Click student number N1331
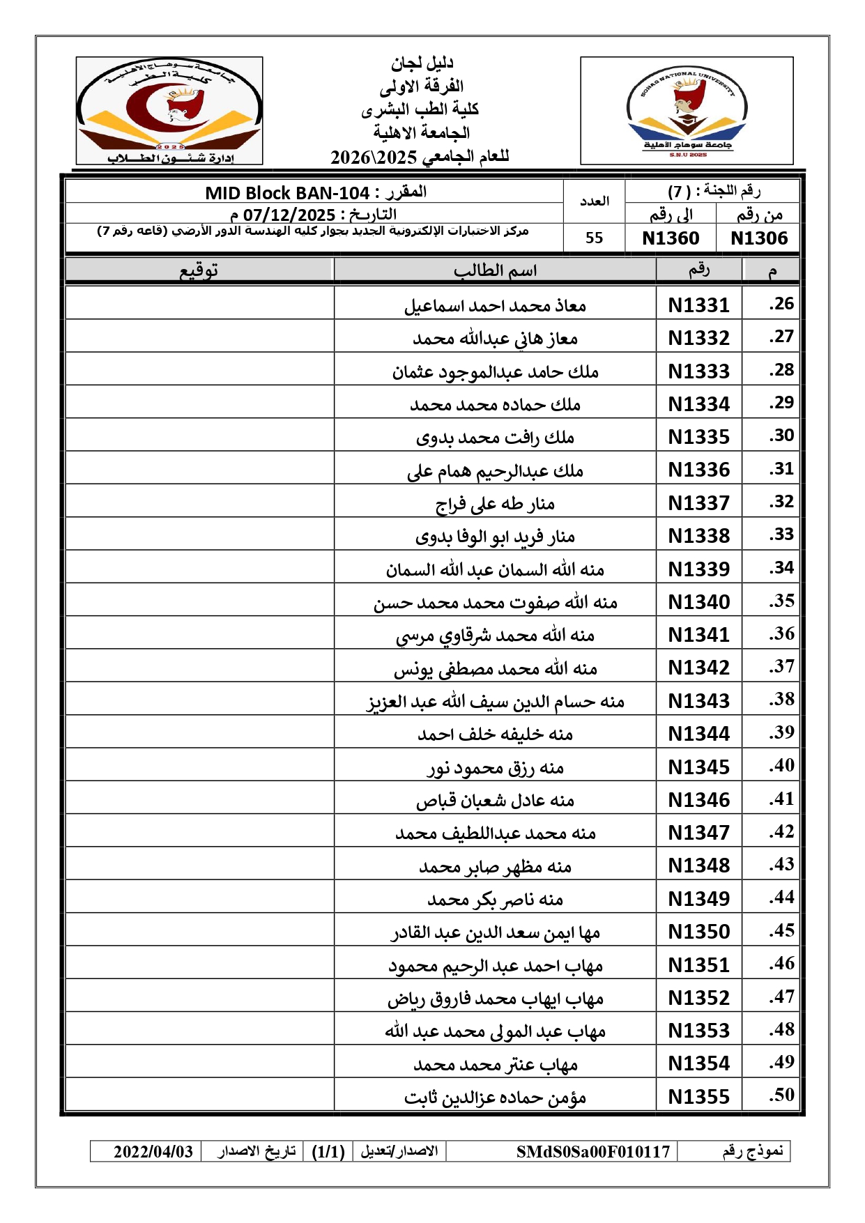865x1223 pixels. [x=698, y=305]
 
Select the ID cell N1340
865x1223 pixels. [x=698, y=602]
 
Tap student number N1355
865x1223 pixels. [x=698, y=1097]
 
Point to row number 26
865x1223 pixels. [x=781, y=304]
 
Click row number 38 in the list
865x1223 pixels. [x=781, y=700]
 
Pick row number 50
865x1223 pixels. [x=781, y=1095]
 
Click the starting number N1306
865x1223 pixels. [x=758, y=238]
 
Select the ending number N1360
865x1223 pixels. [x=671, y=238]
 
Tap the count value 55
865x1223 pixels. [x=594, y=238]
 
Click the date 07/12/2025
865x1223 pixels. [x=289, y=215]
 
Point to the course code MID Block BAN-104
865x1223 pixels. [x=287, y=193]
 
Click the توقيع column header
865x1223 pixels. [x=199, y=270]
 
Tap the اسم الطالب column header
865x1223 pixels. [x=495, y=270]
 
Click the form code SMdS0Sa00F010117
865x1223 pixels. [x=592, y=1151]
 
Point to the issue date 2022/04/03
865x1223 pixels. [x=153, y=1151]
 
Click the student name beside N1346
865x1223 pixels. [x=495, y=800]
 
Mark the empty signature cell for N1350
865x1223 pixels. [x=199, y=931]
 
